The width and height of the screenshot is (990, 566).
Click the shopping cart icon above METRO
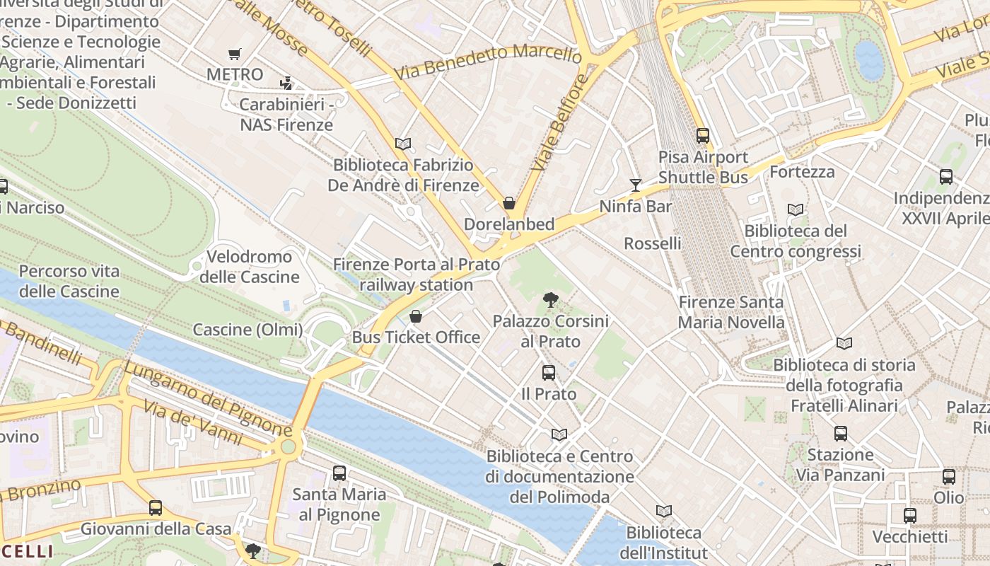234,54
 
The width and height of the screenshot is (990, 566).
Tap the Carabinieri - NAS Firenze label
286,115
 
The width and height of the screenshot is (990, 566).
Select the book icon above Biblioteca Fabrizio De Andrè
403,144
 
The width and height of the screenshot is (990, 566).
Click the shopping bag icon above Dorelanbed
508,204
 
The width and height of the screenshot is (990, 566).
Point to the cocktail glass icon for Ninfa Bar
636,185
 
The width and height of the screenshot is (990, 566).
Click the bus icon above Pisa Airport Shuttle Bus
702,135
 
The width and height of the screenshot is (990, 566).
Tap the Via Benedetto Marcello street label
488,61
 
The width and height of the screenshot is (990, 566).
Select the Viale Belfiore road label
559,122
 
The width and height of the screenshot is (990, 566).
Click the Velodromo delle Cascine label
249,267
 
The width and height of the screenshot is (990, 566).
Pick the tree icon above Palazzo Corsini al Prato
550,300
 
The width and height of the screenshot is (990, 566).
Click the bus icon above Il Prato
548,372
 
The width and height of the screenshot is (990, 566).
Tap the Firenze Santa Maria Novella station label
730,312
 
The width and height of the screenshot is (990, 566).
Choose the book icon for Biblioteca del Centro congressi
796,209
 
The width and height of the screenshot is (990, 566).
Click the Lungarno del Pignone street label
207,398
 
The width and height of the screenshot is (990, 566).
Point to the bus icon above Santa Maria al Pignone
339,473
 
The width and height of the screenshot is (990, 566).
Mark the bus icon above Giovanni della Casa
156,507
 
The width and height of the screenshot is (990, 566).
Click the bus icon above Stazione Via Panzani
840,433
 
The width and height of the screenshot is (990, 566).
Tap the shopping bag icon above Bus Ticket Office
416,316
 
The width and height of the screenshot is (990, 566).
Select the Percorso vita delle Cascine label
69,281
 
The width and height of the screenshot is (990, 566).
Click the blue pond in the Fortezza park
869,60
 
